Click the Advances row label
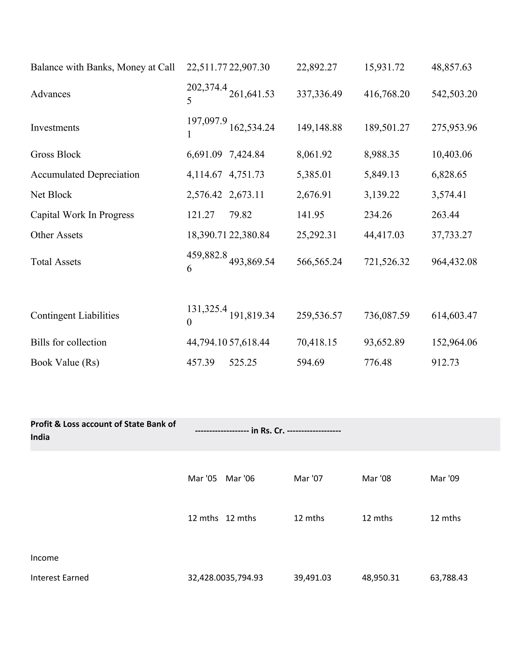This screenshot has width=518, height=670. tap(50, 94)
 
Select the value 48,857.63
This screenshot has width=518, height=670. tap(451, 67)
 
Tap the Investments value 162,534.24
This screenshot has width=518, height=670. tap(252, 128)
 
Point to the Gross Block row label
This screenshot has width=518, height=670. tap(56, 154)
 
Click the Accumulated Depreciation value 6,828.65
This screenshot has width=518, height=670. tap(449, 174)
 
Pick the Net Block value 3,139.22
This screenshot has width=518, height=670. tap(381, 195)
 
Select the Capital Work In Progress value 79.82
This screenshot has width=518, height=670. tap(240, 215)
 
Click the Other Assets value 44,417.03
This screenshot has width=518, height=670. tap(384, 235)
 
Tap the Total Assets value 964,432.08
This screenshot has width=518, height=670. tap(454, 262)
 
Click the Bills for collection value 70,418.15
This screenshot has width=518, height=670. tap(316, 342)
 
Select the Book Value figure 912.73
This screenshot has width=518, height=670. tap(445, 363)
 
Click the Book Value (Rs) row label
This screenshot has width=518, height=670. tap(65, 363)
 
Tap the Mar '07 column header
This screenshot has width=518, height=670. tap(308, 479)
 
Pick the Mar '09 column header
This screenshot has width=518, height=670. tap(445, 479)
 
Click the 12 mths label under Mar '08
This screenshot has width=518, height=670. tap(377, 518)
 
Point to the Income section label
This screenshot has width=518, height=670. tap(45, 558)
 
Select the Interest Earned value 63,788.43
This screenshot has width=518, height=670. tap(449, 578)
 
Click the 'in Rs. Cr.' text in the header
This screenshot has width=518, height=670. tap(268, 431)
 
